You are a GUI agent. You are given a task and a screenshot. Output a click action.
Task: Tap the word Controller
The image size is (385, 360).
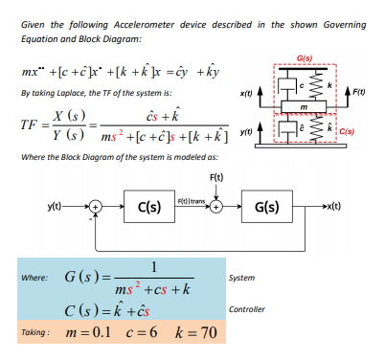[248, 308]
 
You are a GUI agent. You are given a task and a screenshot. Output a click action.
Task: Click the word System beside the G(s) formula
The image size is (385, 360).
[243, 278]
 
